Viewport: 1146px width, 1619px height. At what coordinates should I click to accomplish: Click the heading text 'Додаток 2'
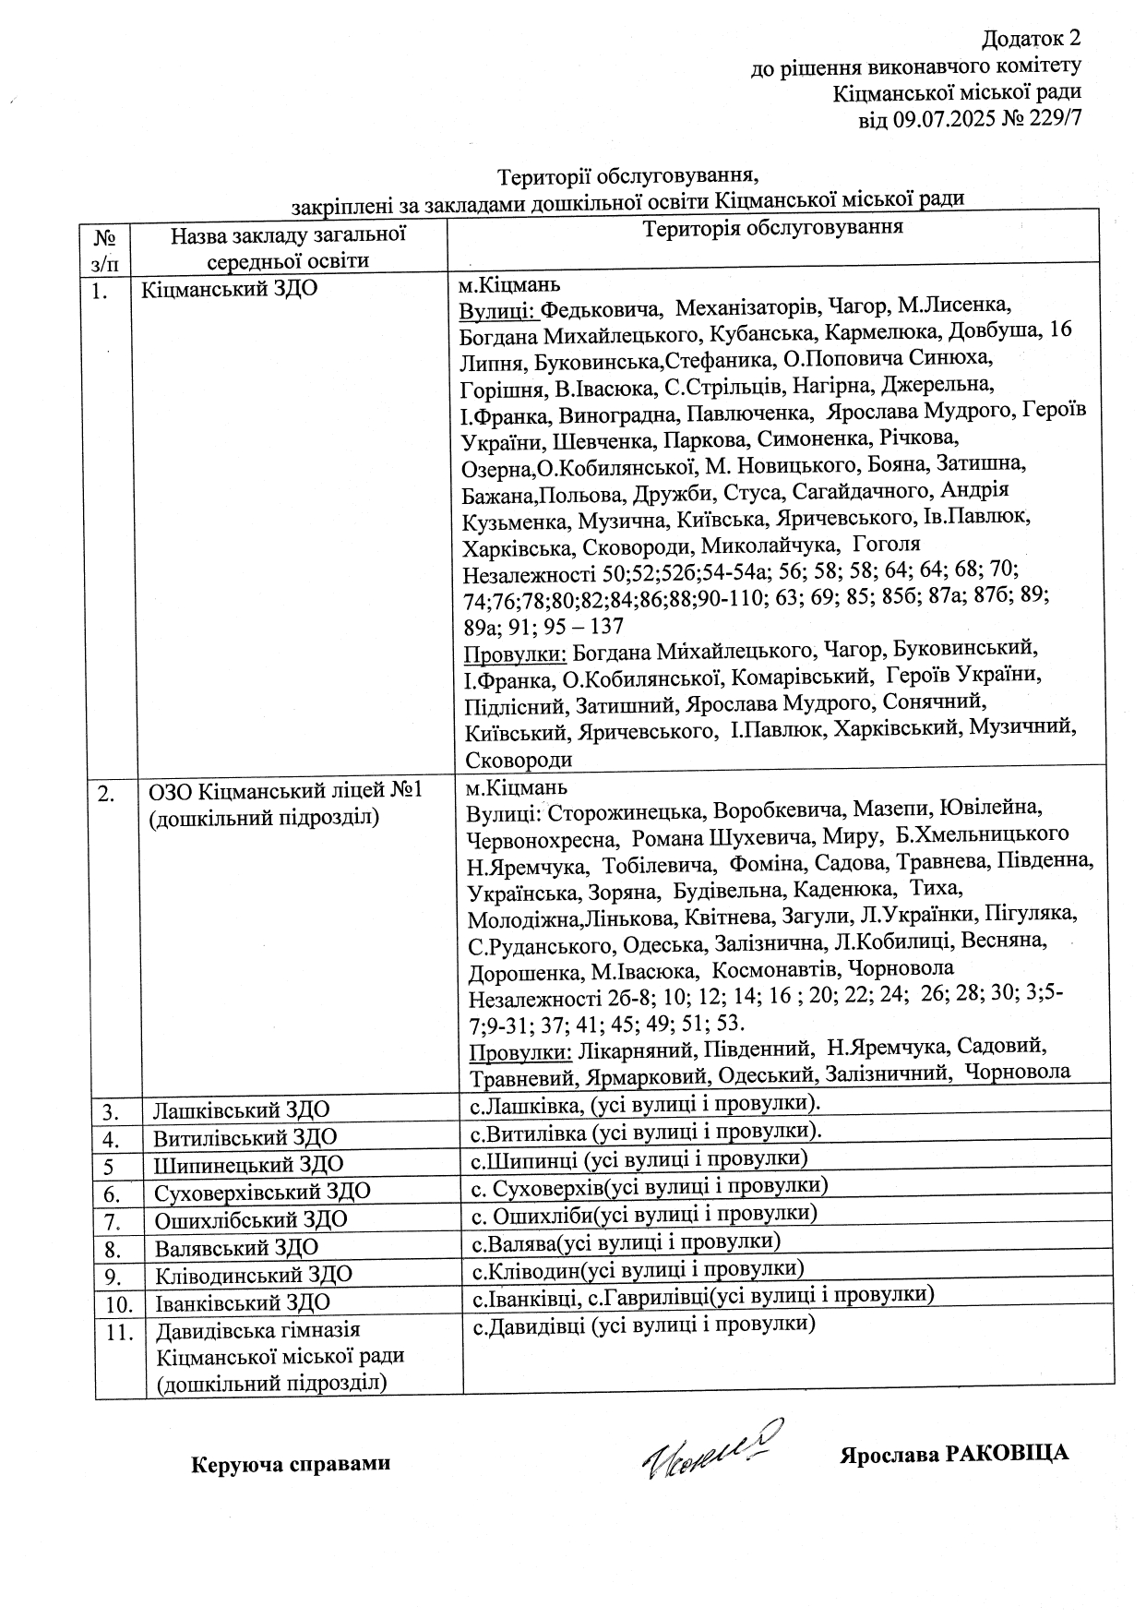[x=1030, y=39]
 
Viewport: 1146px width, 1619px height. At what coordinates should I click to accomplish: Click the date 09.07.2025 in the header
[x=941, y=119]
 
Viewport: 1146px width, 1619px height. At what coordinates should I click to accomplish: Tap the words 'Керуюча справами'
[x=291, y=1463]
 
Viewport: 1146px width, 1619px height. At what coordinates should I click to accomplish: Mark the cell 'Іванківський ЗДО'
[x=243, y=1303]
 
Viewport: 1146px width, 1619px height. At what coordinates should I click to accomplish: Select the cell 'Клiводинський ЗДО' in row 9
[x=254, y=1276]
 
